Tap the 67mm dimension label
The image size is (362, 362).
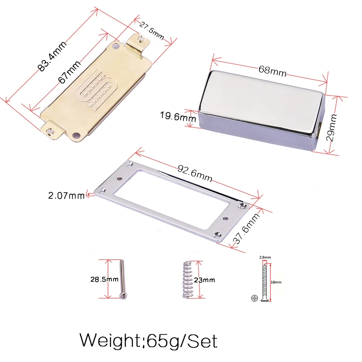click(x=69, y=72)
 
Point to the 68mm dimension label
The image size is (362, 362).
click(x=272, y=71)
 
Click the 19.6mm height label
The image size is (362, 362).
click(x=178, y=117)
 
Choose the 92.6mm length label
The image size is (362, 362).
click(x=195, y=173)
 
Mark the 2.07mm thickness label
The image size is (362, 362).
click(x=66, y=196)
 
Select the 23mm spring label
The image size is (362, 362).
click(x=204, y=280)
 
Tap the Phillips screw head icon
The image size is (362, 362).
click(x=255, y=298)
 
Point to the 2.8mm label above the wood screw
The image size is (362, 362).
click(x=265, y=258)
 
